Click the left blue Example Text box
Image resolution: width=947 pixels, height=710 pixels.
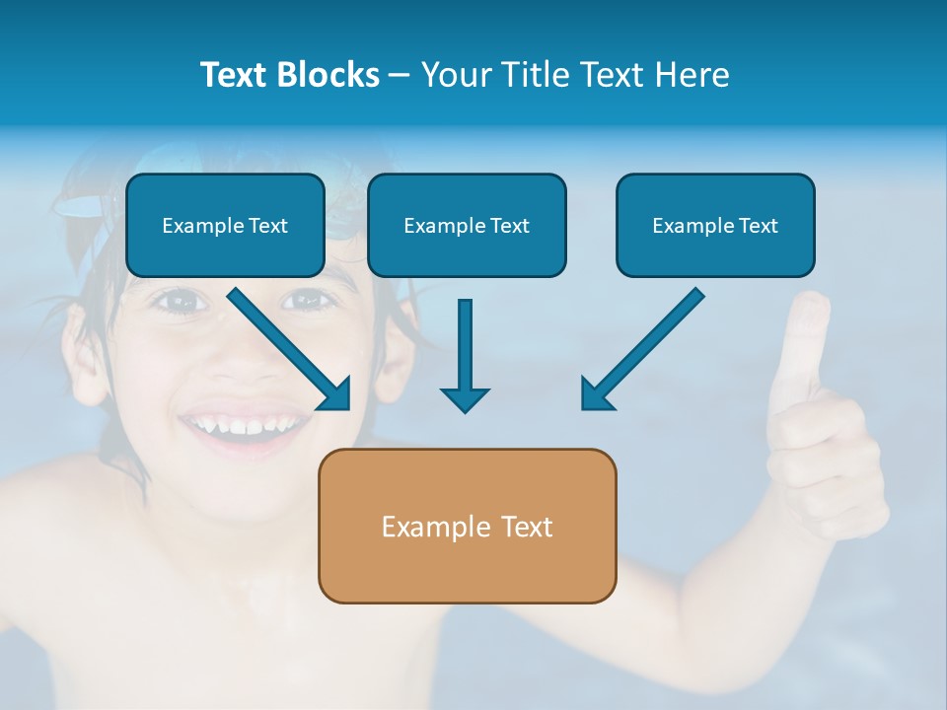coord(225,226)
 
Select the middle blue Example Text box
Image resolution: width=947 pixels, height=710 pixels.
coord(467,226)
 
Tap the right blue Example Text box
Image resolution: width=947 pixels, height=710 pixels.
coord(715,226)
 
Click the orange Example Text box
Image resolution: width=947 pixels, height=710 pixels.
coord(467,526)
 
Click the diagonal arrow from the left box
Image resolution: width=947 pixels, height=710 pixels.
coord(291,350)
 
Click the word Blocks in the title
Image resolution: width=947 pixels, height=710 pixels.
coord(330,75)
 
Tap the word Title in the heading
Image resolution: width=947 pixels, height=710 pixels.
coord(535,75)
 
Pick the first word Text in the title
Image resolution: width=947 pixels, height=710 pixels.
coord(237,75)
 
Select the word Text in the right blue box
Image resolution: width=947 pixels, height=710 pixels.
coord(757,226)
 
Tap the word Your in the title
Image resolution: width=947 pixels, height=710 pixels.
coord(457,75)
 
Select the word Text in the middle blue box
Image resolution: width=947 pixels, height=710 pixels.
coord(509,226)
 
